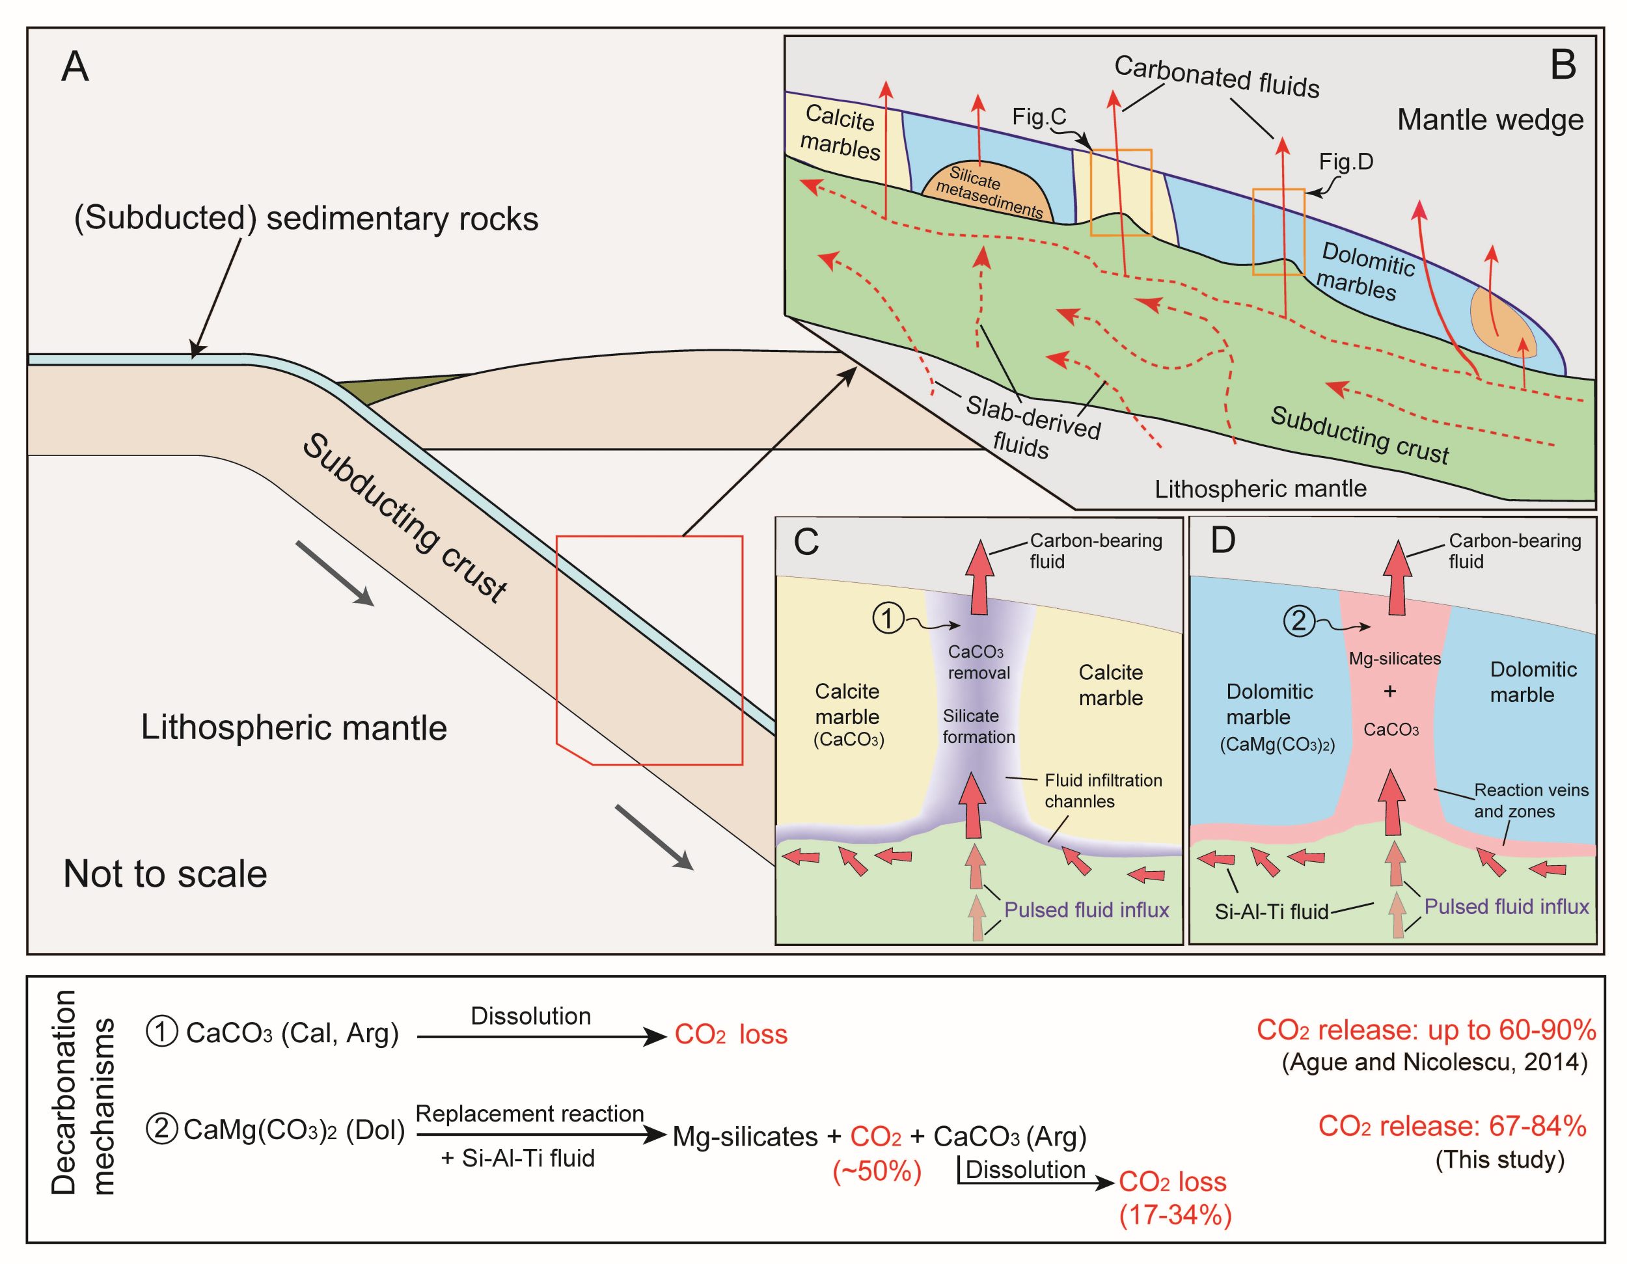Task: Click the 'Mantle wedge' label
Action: tap(1490, 120)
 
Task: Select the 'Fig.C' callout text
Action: tap(1039, 117)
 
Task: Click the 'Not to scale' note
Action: tap(165, 874)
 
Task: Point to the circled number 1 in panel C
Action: tap(888, 618)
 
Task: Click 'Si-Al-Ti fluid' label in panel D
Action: tap(1272, 911)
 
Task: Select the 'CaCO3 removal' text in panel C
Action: tap(978, 662)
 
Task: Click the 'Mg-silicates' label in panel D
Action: tap(1395, 658)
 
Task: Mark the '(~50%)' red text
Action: tap(877, 1172)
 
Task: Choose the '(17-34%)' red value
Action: tap(1175, 1215)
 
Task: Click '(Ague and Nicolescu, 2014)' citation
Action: tap(1434, 1062)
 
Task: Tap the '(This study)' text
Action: tap(1499, 1160)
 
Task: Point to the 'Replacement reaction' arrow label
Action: tap(530, 1114)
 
